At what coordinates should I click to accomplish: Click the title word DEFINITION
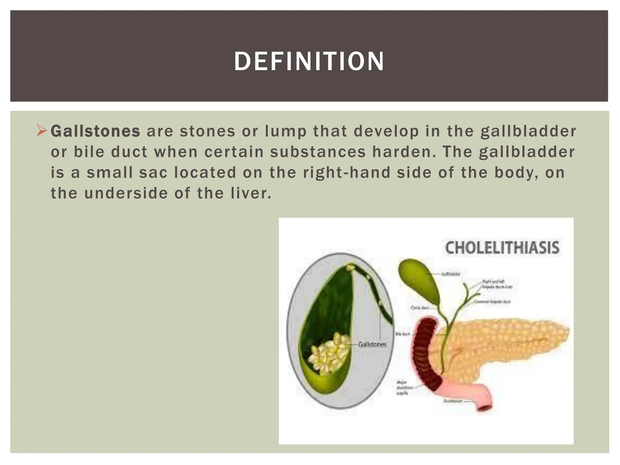[x=309, y=61]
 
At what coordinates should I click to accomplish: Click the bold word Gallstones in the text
[x=95, y=131]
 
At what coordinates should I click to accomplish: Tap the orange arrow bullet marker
[x=41, y=130]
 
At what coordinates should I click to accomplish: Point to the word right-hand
[x=347, y=173]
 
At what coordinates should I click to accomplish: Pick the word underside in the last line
[x=126, y=193]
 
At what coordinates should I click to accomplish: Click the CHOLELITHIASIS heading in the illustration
[x=502, y=248]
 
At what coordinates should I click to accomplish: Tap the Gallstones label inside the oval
[x=372, y=345]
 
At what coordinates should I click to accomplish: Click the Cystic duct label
[x=420, y=308]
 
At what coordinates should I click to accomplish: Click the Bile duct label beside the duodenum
[x=403, y=334]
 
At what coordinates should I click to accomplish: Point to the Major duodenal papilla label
[x=403, y=387]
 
